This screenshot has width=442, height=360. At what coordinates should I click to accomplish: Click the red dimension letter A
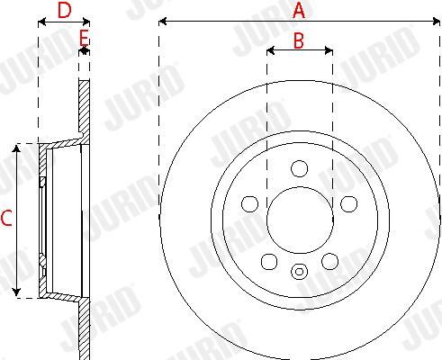(x=299, y=10)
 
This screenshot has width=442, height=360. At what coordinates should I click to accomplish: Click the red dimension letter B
(x=299, y=40)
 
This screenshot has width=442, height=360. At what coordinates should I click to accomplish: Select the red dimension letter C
(x=6, y=218)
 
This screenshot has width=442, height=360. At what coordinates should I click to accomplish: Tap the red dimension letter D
(x=65, y=10)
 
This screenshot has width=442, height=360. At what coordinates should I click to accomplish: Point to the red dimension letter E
(x=84, y=38)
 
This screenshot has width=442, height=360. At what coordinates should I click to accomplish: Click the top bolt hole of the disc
(x=299, y=168)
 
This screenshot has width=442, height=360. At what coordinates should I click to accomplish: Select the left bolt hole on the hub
(x=249, y=203)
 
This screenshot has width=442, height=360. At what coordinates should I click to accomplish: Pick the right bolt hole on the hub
(x=348, y=203)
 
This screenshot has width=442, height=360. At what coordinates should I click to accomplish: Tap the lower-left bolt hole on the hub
(x=269, y=262)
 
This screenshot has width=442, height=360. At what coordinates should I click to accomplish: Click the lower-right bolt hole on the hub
(x=329, y=261)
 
